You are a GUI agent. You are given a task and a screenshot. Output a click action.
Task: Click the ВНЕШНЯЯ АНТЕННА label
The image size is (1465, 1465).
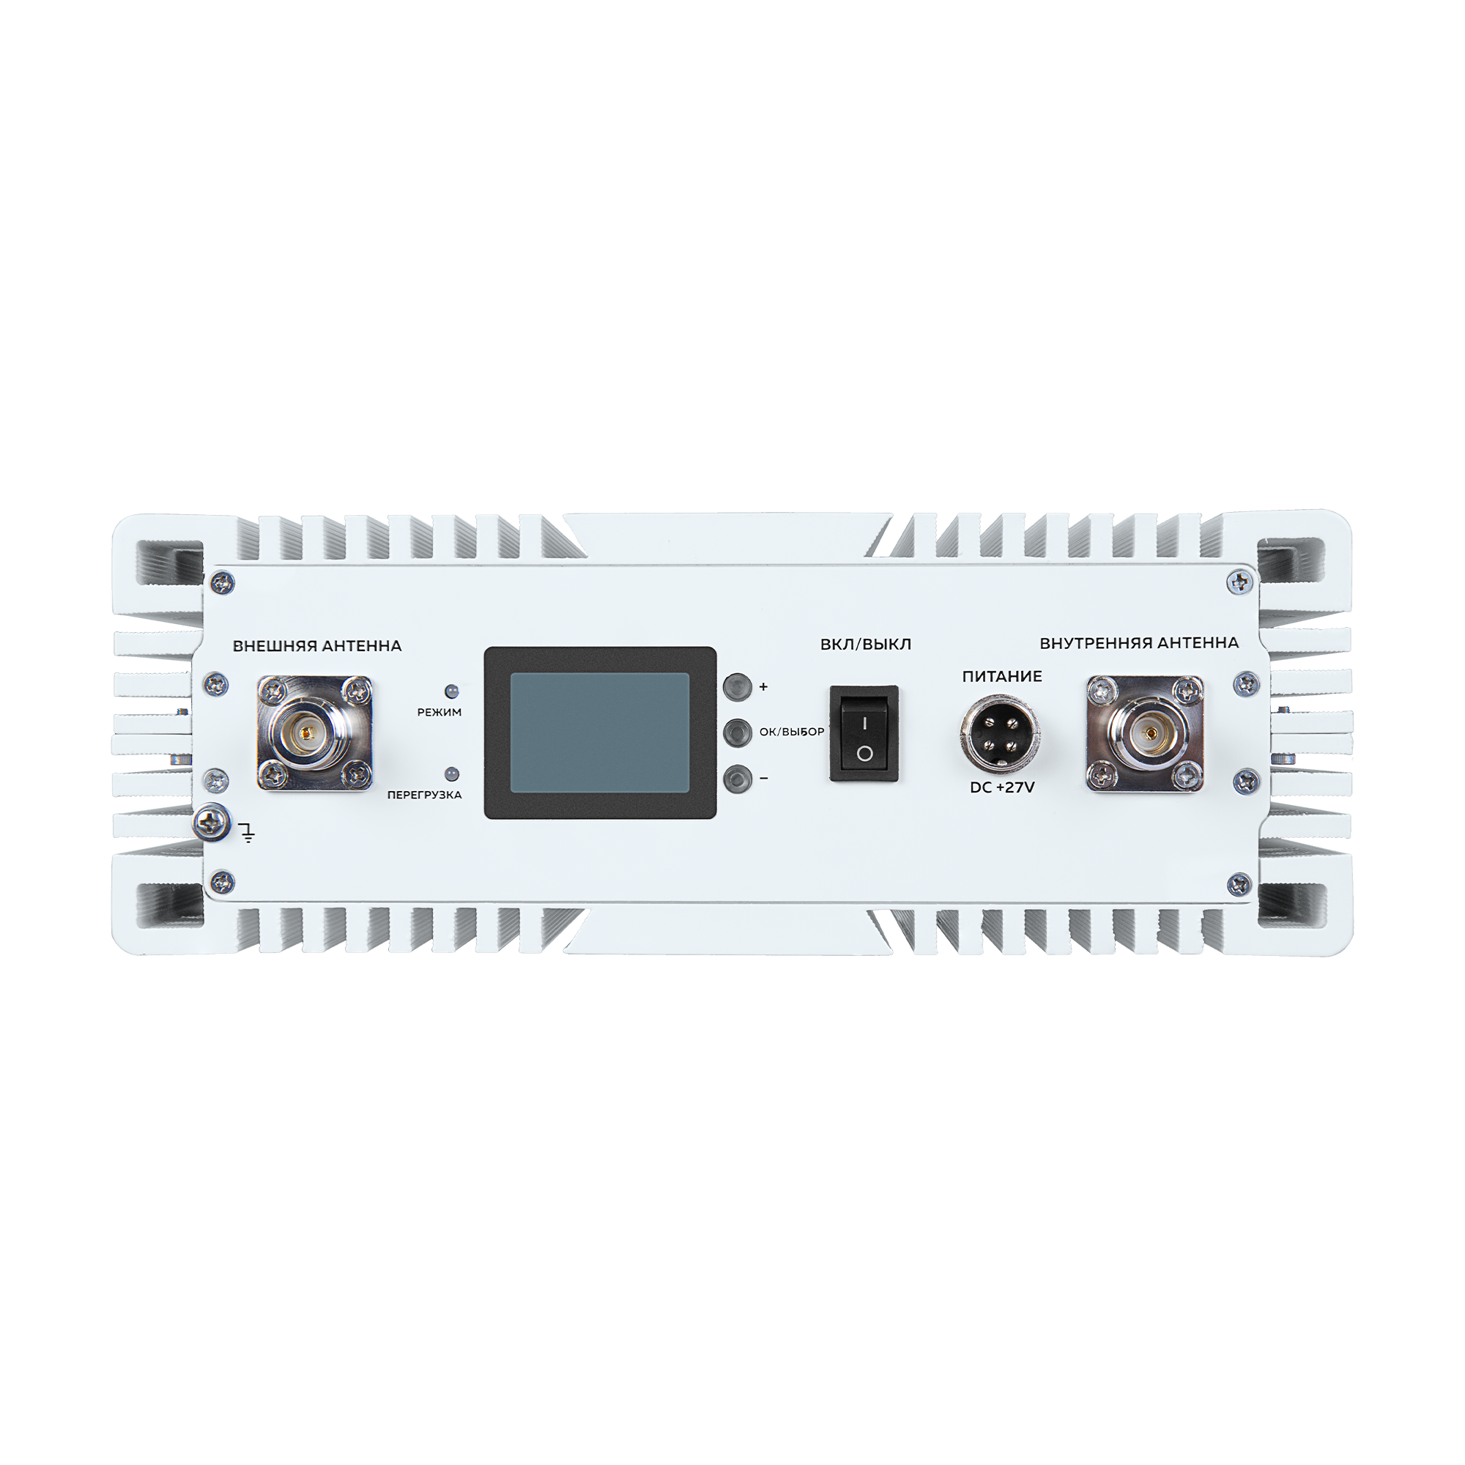(317, 646)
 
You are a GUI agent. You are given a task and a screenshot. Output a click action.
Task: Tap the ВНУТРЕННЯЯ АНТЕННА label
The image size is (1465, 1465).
(1139, 643)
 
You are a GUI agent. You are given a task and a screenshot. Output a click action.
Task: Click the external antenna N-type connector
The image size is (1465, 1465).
(315, 733)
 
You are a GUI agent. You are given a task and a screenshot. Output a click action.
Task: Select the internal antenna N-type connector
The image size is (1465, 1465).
(1145, 733)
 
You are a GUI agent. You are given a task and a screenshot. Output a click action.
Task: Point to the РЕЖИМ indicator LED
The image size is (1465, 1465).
(452, 691)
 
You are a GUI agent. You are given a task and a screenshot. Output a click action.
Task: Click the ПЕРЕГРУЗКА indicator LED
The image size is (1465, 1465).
(452, 774)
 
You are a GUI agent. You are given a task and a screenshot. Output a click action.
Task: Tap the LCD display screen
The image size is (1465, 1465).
(600, 732)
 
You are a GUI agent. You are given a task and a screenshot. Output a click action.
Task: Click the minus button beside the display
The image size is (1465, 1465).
(737, 779)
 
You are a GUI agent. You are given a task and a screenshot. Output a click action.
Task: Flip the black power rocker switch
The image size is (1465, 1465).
(864, 733)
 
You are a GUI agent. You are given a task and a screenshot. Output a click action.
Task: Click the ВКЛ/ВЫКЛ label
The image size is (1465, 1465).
(866, 645)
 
